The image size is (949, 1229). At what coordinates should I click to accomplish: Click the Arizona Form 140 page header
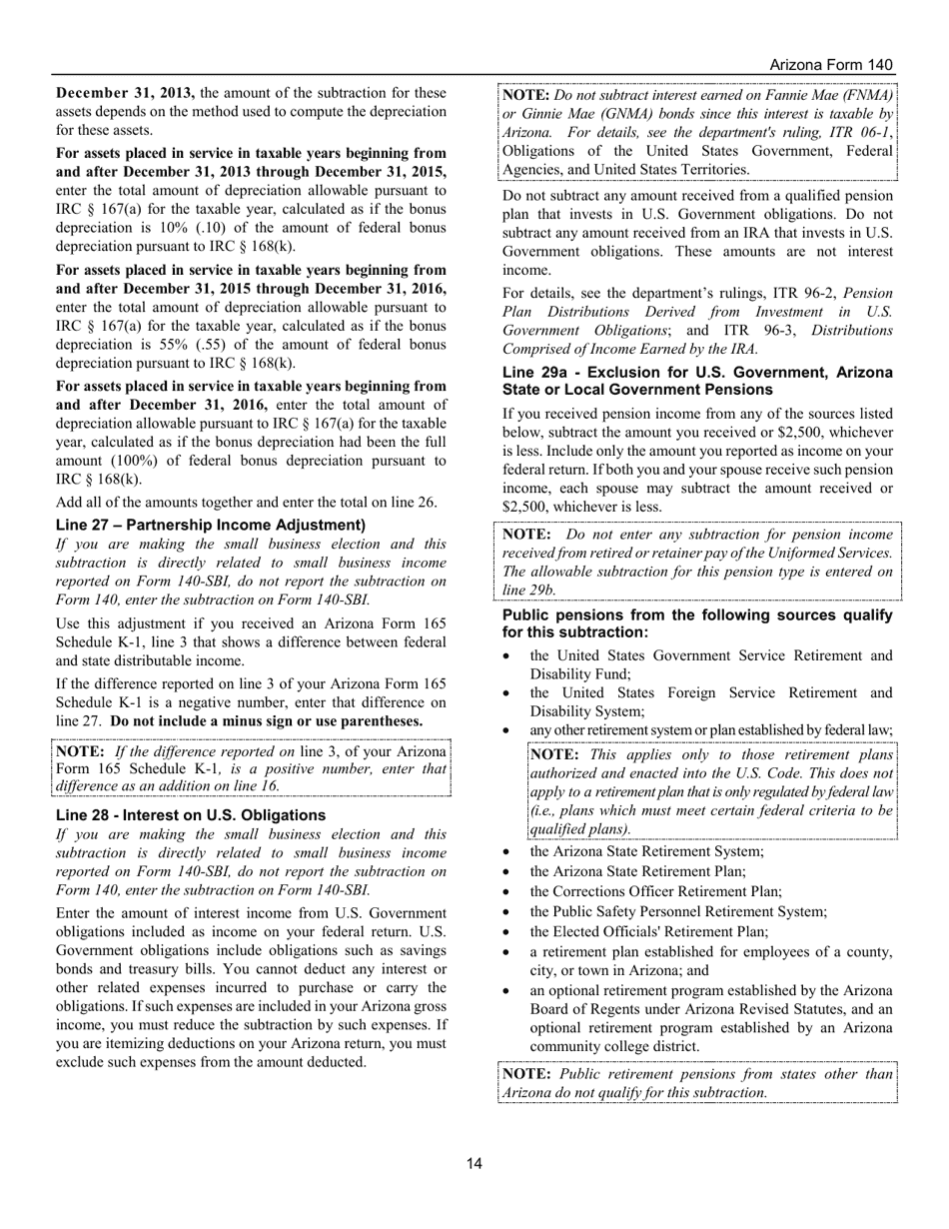pyautogui.click(x=831, y=64)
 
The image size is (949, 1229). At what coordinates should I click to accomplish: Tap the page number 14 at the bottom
pyautogui.click(x=474, y=1163)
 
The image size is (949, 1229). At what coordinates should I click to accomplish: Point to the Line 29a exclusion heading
pyautogui.click(x=697, y=381)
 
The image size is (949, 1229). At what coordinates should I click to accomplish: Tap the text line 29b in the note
pyautogui.click(x=524, y=590)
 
